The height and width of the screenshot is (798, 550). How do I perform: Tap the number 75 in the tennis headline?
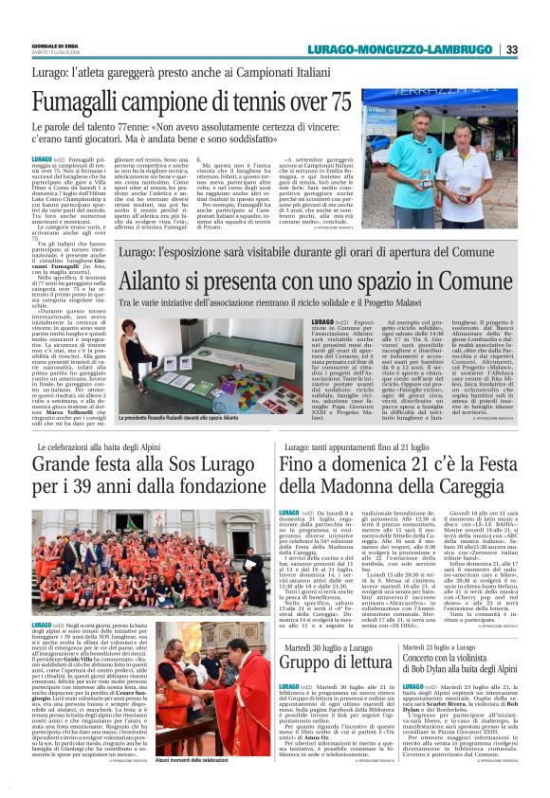332,101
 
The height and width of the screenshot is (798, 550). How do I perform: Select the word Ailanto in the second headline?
157,283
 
